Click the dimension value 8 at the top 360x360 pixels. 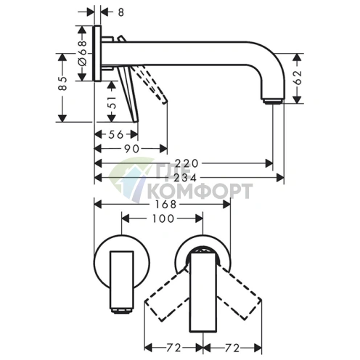[x=121, y=12]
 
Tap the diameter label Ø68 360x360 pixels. [x=83, y=53]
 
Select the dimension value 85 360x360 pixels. [x=62, y=83]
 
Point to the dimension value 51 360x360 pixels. [x=112, y=102]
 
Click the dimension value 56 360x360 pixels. [x=116, y=134]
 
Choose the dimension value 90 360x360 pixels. [x=132, y=149]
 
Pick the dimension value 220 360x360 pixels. [x=187, y=163]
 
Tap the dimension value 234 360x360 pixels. [x=186, y=178]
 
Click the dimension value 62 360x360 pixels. [x=298, y=78]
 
